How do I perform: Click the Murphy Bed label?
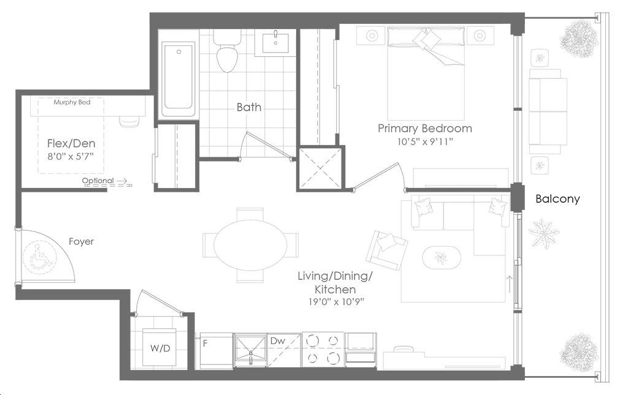(x=72, y=102)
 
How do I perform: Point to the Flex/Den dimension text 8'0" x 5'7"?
(x=71, y=156)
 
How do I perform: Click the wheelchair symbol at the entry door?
(x=39, y=256)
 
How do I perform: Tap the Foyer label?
(x=82, y=241)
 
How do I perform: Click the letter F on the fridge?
(x=205, y=343)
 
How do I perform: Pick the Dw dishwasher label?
(x=278, y=340)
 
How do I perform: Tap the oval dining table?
(x=251, y=245)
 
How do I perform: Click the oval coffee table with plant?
(x=442, y=257)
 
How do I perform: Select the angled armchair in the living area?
(x=387, y=250)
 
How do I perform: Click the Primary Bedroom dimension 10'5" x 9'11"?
(x=425, y=141)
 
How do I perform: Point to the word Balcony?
(x=557, y=198)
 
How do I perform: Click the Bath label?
(x=249, y=107)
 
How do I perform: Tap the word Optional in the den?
(x=98, y=181)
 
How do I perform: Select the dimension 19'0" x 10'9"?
(x=335, y=301)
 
